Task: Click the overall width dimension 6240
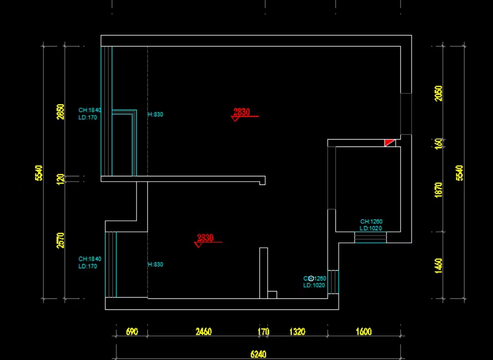click(x=258, y=354)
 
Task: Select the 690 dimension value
click(x=132, y=331)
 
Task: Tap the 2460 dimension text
click(x=203, y=331)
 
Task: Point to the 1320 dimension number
click(x=297, y=331)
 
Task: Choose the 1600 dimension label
click(x=363, y=331)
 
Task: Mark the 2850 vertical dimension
click(x=60, y=111)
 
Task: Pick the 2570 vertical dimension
click(x=60, y=240)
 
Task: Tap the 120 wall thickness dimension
click(x=60, y=179)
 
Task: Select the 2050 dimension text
click(x=439, y=93)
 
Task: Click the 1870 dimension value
click(x=439, y=190)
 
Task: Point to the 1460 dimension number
click(x=439, y=266)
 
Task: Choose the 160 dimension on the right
click(x=439, y=144)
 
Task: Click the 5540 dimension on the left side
click(x=39, y=173)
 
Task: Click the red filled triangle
click(x=389, y=142)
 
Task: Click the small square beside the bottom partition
click(x=272, y=295)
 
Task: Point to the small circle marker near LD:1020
click(x=311, y=278)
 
